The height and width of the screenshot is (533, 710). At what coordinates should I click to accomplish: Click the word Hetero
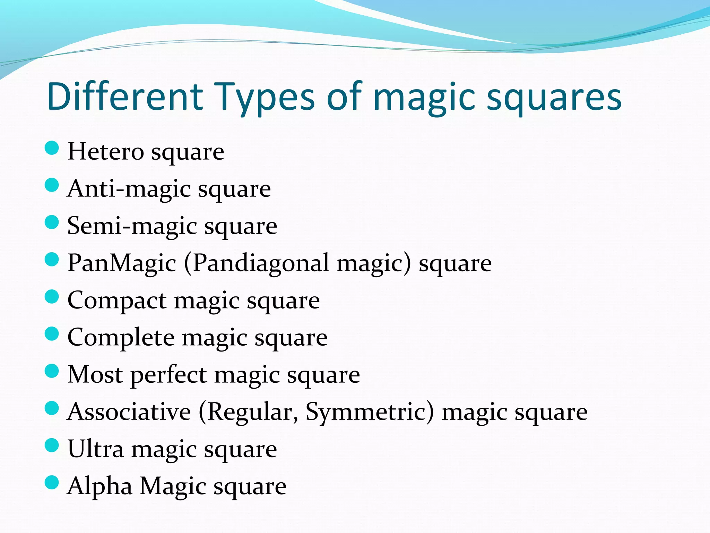pos(106,152)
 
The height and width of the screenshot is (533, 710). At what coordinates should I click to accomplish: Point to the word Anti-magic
pos(129,189)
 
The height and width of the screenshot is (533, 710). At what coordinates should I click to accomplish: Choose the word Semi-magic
pos(132,226)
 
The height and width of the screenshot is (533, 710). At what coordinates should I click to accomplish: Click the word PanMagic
pos(122,263)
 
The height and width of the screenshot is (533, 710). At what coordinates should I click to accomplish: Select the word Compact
pos(117,300)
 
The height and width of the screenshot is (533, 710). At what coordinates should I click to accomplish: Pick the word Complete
pos(121,337)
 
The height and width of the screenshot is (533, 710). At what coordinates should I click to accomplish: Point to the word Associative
pos(129,412)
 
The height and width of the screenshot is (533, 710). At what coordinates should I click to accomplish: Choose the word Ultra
pos(95,449)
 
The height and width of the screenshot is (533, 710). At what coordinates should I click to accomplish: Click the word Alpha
pos(100,486)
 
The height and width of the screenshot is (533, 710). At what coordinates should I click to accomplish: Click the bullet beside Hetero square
pos(52,148)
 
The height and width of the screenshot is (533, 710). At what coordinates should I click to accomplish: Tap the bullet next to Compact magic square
pos(52,297)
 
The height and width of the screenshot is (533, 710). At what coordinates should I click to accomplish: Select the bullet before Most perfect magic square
pos(52,371)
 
